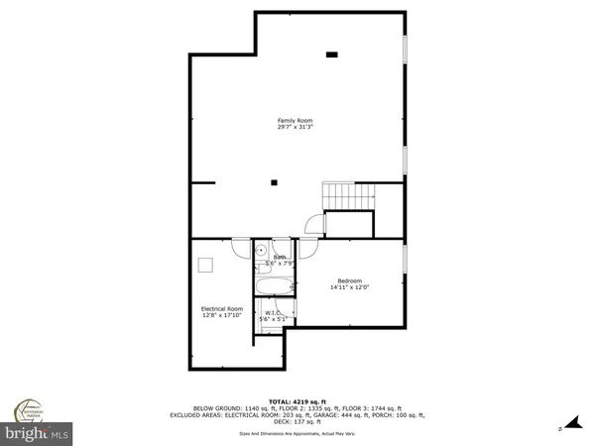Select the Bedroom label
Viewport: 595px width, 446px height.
click(349, 279)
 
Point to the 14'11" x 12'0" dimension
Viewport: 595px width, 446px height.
click(349, 287)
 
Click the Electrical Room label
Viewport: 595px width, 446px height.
click(222, 308)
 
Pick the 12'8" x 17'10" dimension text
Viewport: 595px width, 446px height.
click(222, 316)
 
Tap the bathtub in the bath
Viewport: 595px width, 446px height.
click(273, 288)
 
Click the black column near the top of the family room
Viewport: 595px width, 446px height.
click(332, 54)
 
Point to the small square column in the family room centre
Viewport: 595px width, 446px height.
click(275, 181)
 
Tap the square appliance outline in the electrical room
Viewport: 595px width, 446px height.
click(205, 264)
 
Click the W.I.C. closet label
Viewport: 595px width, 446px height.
click(273, 312)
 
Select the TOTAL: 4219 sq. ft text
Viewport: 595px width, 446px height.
click(297, 397)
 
